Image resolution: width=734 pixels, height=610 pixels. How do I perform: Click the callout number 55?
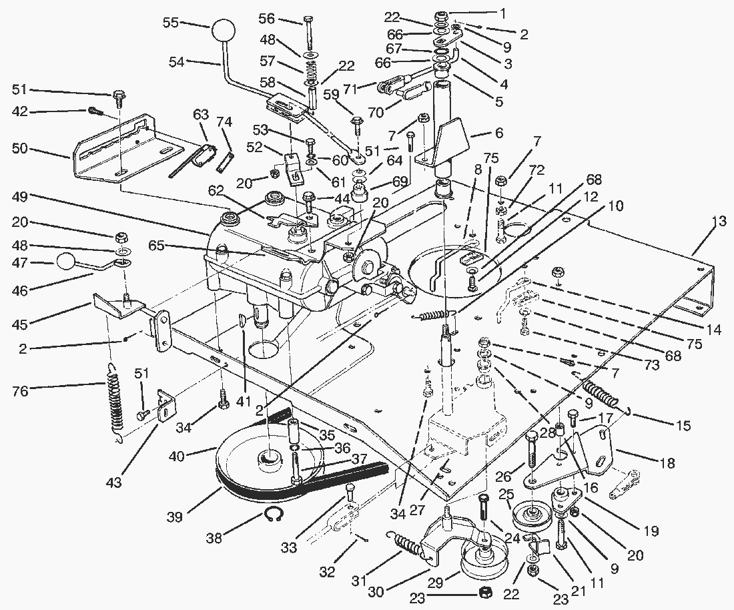[x=171, y=22]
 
